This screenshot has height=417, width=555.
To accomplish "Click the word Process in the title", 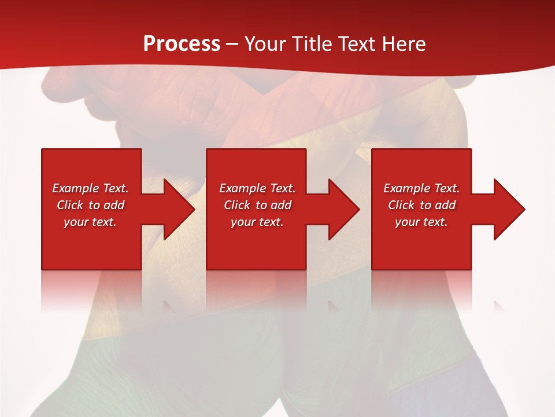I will tap(182, 43).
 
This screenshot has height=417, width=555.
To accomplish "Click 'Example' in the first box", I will tap(75, 188).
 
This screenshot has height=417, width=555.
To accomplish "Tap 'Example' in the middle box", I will tap(242, 188).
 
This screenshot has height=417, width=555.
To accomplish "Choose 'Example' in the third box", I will tap(406, 188).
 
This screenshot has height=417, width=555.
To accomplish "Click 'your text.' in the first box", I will tap(90, 222).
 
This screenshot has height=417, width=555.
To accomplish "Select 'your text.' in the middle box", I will tap(257, 222).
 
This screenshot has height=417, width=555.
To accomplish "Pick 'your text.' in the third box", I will tap(421, 222).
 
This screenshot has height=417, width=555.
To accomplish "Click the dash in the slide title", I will tap(232, 44).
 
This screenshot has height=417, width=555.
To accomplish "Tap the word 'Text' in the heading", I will tap(355, 43).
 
